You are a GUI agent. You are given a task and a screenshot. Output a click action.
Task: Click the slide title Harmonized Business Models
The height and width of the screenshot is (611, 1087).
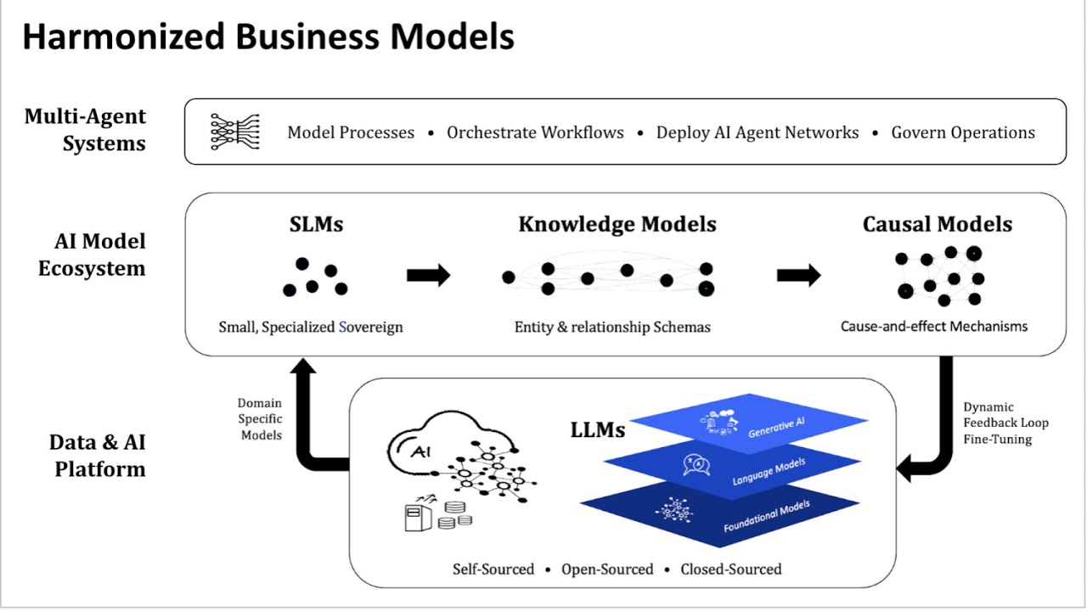tap(268, 37)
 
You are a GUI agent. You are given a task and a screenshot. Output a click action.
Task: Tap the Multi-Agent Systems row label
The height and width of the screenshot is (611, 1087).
tap(85, 130)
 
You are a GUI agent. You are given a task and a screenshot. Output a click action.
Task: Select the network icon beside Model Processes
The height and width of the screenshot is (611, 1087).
tap(234, 132)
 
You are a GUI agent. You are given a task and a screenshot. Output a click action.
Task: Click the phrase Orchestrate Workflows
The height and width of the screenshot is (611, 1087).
tap(535, 132)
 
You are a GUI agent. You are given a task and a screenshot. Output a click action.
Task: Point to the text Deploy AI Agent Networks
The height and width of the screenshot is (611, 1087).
tap(758, 132)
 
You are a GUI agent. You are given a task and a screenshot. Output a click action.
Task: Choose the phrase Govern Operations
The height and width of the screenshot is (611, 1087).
tap(963, 132)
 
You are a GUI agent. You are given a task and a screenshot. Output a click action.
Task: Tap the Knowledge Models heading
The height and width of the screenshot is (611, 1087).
tap(617, 224)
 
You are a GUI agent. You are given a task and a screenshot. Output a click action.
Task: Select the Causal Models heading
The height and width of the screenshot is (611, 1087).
tap(937, 224)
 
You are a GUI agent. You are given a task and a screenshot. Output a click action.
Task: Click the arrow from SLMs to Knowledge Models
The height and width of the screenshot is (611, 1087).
tap(428, 275)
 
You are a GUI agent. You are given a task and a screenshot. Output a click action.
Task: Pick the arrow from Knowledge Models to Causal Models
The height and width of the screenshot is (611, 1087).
tap(798, 275)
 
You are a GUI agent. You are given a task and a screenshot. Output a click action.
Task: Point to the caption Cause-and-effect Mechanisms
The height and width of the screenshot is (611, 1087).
tap(934, 327)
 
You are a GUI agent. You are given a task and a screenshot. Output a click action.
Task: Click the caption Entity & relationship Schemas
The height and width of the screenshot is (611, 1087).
tap(612, 328)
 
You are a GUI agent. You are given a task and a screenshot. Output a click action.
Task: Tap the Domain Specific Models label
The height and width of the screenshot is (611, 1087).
tap(260, 419)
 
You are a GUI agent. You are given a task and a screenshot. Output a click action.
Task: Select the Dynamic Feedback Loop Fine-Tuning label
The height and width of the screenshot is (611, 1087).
tap(1005, 423)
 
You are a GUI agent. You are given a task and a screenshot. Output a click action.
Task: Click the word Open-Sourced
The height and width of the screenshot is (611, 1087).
tap(607, 569)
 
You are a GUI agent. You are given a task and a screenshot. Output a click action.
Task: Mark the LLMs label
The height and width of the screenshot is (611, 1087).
tap(597, 430)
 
